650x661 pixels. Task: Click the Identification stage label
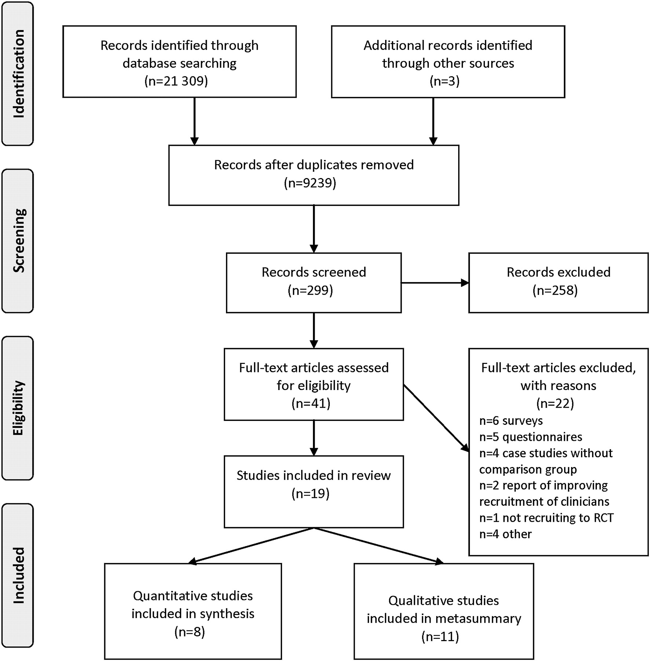pyautogui.click(x=18, y=73)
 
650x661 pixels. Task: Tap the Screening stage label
pyautogui.click(x=18, y=241)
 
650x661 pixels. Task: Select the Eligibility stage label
pyautogui.click(x=18, y=408)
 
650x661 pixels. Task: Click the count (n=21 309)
pyautogui.click(x=176, y=81)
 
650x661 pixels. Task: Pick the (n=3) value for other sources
pyautogui.click(x=445, y=81)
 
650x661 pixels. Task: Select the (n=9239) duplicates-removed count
pyautogui.click(x=310, y=183)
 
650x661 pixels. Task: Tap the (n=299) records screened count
pyautogui.click(x=310, y=290)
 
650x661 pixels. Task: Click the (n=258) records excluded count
pyautogui.click(x=555, y=290)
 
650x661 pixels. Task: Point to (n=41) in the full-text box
pyautogui.click(x=311, y=403)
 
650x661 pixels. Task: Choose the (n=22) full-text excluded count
pyautogui.click(x=555, y=403)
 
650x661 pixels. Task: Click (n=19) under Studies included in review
pyautogui.click(x=311, y=493)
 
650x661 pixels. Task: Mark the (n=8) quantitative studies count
pyautogui.click(x=190, y=632)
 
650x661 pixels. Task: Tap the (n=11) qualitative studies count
pyautogui.click(x=440, y=636)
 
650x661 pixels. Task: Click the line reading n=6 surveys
pyautogui.click(x=511, y=420)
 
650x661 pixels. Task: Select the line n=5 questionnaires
pyautogui.click(x=531, y=437)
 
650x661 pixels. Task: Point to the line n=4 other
pyautogui.click(x=505, y=534)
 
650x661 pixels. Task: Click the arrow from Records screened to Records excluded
pyautogui.click(x=435, y=283)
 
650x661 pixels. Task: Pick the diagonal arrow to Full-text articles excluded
pyautogui.click(x=436, y=418)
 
